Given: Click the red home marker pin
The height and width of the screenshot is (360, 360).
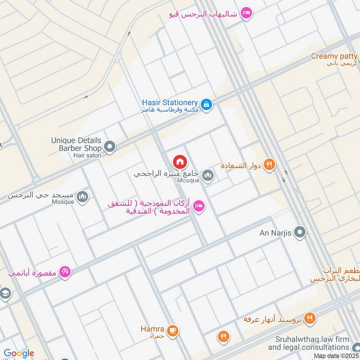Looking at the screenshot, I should tap(180, 162).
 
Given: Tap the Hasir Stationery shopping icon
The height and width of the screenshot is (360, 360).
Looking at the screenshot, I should tap(206, 104).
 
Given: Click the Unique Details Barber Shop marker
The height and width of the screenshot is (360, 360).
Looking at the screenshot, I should tap(109, 147).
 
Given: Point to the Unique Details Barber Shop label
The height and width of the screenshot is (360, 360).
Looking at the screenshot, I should tap(76, 144).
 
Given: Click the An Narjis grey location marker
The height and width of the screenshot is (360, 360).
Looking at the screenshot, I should tap(300, 233).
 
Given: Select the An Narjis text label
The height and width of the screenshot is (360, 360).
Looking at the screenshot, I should tap(276, 233).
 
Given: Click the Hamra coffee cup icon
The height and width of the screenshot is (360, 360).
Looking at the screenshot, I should tap(172, 331).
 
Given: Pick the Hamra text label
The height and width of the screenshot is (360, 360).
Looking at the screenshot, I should tap(152, 329).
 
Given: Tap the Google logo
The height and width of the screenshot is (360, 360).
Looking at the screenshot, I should tap(19, 353).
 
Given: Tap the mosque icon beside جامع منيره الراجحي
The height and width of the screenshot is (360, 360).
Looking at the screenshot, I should tap(207, 175).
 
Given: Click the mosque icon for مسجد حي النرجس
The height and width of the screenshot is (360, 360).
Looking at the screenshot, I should tap(82, 196).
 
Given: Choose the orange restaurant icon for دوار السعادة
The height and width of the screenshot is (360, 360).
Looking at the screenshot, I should tap(270, 165).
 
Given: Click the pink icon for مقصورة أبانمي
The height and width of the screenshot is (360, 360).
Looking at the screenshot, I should tap(65, 272).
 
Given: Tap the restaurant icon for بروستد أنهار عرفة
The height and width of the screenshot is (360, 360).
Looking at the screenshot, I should tap(309, 319).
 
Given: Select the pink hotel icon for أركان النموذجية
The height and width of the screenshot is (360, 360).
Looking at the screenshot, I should tap(198, 207).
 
